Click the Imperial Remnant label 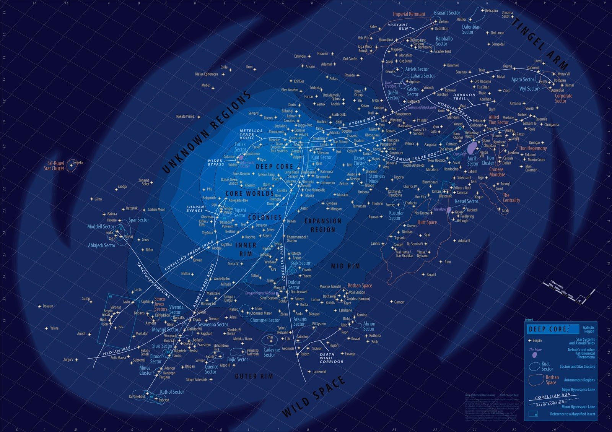[409, 14]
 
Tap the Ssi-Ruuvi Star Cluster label [54, 166]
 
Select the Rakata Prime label [185, 116]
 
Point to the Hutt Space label [427, 222]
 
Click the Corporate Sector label [563, 98]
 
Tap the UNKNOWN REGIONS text [207, 132]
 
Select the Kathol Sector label [172, 392]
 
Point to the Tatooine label [303, 337]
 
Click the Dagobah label [180, 351]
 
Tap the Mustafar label [142, 333]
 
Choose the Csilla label [224, 67]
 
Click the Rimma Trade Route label [204, 285]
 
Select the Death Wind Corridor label [331, 358]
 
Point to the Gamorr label [399, 302]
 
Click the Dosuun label [48, 306]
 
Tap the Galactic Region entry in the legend [589, 329]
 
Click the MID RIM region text [345, 266]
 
